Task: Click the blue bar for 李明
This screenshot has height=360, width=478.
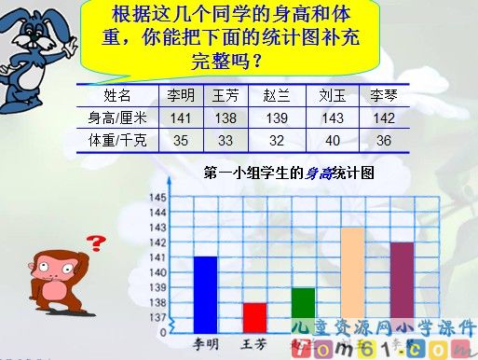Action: tap(205, 294)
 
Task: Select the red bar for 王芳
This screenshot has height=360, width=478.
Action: tap(254, 317)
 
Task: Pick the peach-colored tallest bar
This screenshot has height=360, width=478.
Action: tap(352, 280)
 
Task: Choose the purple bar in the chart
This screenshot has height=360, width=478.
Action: tap(402, 287)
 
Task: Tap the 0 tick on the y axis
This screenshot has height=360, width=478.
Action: tap(163, 332)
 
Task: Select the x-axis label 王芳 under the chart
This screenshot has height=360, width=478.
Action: tap(253, 343)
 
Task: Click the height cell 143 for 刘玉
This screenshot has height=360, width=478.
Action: tap(329, 118)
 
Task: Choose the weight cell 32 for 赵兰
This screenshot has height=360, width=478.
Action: tap(277, 141)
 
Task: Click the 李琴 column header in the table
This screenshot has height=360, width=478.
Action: tap(383, 95)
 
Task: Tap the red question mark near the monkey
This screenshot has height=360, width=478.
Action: tap(94, 244)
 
